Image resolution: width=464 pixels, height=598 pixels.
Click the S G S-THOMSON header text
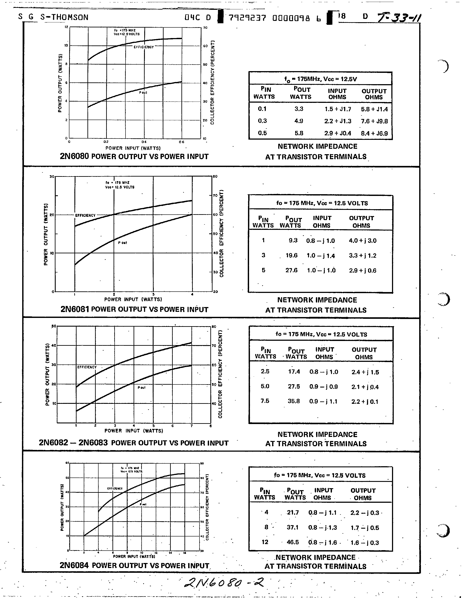[54, 17]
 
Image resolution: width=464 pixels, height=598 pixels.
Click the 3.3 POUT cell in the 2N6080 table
[299, 109]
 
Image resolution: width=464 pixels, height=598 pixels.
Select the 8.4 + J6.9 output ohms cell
[374, 134]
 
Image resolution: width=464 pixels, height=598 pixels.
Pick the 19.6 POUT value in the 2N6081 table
[291, 256]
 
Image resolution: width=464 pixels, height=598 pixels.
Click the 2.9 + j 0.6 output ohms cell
[362, 271]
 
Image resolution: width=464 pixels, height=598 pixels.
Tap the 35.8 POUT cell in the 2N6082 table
[294, 401]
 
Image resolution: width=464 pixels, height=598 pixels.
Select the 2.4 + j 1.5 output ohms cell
[365, 372]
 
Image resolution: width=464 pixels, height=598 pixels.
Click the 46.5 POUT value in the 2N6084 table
[293, 542]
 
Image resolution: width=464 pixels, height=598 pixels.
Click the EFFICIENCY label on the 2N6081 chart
[85, 215]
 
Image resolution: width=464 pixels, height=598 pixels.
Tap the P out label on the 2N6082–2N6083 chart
[142, 388]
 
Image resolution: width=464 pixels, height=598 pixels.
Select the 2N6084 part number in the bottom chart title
[74, 565]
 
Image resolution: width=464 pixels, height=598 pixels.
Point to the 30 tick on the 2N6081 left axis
[52, 177]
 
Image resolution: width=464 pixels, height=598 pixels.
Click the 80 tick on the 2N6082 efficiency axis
[214, 327]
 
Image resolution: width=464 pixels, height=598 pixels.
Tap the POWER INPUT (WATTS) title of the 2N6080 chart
[133, 148]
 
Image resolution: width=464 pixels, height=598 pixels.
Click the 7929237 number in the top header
[247, 18]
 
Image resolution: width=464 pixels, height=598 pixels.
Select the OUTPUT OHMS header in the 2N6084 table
[363, 494]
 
